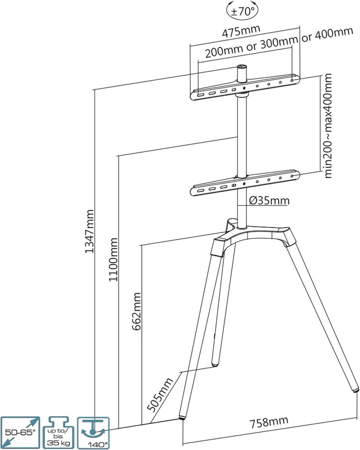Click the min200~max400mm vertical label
coord(328,125)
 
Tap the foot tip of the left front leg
coord(182,416)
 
